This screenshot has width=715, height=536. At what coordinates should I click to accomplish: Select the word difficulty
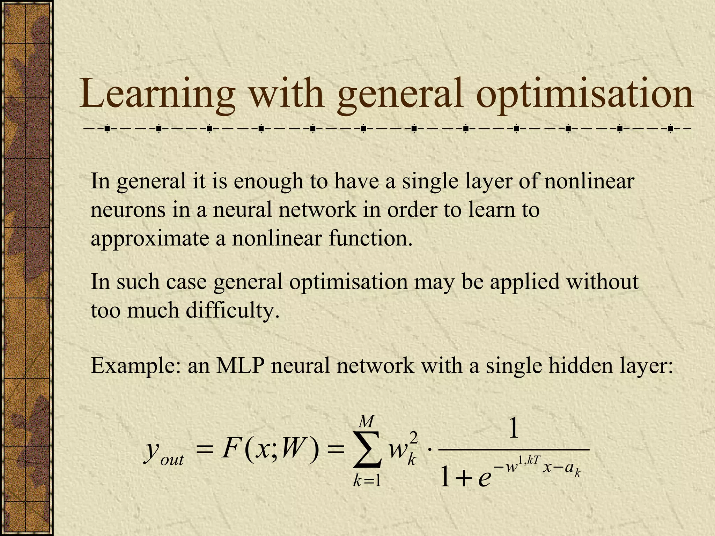pos(233,310)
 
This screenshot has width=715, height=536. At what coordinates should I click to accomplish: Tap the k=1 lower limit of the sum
pos(367,482)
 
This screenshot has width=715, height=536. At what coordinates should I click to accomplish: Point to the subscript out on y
pos(172,460)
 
